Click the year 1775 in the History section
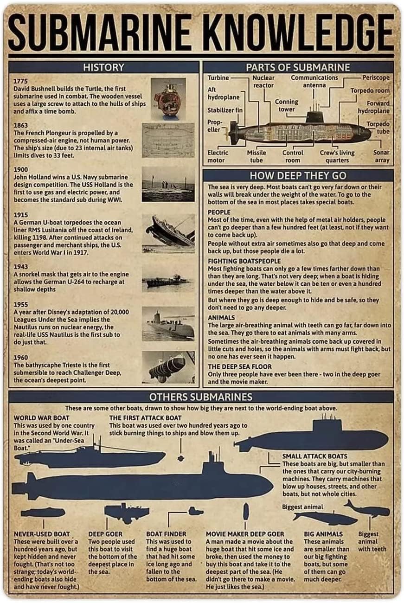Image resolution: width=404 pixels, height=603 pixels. tap(20, 81)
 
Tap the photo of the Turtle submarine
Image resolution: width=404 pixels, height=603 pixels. tap(168, 99)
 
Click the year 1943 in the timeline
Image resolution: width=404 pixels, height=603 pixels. tap(20, 267)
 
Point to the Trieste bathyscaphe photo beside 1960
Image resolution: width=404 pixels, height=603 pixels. tap(168, 367)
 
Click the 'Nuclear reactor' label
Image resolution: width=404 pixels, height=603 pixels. tap(263, 82)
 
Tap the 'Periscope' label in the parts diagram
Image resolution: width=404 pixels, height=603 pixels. tap(376, 77)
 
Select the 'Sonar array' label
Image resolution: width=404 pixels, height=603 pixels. tap(382, 156)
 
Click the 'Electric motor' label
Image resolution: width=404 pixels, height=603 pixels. tap(218, 156)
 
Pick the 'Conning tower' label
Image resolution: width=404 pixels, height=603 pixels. tap(286, 105)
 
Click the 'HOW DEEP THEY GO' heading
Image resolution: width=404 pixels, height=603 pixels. tap(298, 175)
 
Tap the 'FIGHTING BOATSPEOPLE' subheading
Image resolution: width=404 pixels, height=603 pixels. tap(244, 261)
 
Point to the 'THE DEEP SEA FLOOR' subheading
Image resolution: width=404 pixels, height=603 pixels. tap(239, 366)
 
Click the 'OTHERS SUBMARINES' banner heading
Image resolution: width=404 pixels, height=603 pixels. tap(201, 397)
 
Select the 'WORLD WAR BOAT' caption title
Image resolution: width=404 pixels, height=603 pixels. tap(41, 418)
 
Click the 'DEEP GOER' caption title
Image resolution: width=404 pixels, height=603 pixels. tap(105, 534)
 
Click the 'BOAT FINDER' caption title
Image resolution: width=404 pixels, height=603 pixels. tap(166, 534)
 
